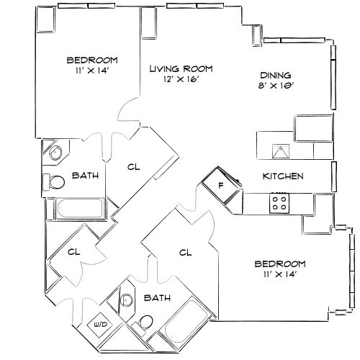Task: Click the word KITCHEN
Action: (x=282, y=176)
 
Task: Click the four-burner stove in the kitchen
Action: (x=279, y=203)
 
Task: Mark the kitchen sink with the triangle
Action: (x=280, y=150)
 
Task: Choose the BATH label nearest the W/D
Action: (x=156, y=297)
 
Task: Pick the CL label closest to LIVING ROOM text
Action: (x=132, y=167)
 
